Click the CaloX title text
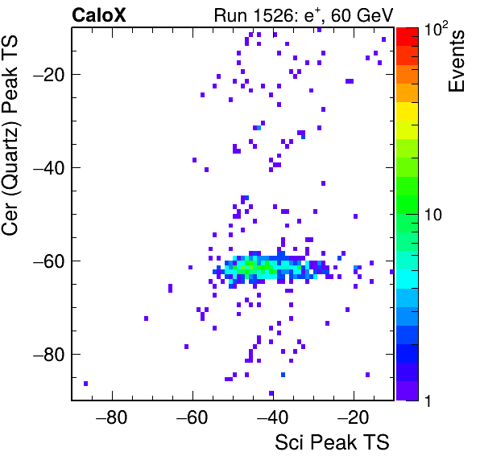(99, 15)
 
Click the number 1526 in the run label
(272, 15)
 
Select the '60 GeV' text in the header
(362, 15)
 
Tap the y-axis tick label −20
(48, 74)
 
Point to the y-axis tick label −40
(48, 167)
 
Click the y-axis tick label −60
(48, 261)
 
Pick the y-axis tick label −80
(48, 354)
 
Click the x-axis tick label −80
(111, 417)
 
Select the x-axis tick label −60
(192, 417)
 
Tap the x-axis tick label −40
(273, 417)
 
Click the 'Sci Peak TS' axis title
(332, 442)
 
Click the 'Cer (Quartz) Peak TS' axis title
(10, 135)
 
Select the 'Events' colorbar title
(456, 61)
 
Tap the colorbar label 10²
(436, 28)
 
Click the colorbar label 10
(433, 215)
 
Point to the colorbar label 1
(428, 400)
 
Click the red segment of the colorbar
(408, 37)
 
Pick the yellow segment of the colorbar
(408, 111)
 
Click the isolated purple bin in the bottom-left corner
(85, 384)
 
